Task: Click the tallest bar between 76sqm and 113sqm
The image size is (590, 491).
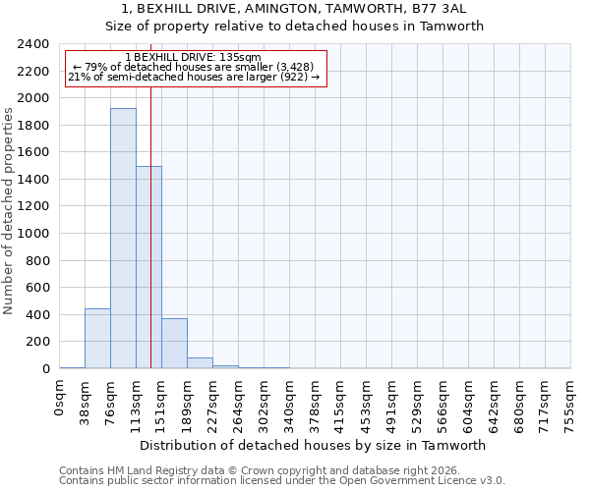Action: tap(123, 239)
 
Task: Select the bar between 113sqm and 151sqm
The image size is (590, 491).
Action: tap(148, 267)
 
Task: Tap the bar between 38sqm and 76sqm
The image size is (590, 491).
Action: tap(97, 339)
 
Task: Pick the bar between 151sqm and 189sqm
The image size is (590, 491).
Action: tap(174, 344)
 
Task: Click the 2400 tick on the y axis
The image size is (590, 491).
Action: tap(34, 44)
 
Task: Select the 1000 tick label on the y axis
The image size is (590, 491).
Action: tap(34, 234)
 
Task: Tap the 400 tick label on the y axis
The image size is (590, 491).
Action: tap(38, 315)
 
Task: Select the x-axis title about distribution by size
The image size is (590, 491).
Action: tap(315, 445)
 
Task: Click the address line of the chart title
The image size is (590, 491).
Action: tap(295, 9)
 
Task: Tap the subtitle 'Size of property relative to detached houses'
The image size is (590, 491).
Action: tap(295, 27)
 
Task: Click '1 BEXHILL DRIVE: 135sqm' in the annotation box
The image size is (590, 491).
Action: tap(194, 58)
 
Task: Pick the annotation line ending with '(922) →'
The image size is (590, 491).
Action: tap(194, 78)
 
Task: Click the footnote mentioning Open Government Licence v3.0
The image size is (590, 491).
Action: tap(282, 481)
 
